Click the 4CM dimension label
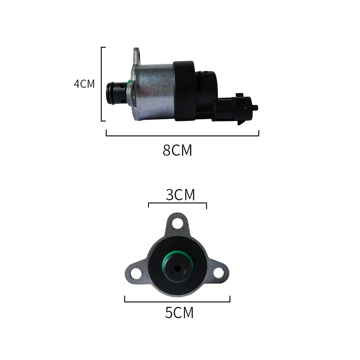[x=85, y=84]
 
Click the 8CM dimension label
[x=177, y=150]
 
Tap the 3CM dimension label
[x=180, y=195]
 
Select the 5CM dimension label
[x=179, y=312]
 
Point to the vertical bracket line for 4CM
[x=103, y=84]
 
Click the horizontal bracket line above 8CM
[x=182, y=135]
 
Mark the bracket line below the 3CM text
[x=177, y=204]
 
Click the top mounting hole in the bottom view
[x=177, y=223]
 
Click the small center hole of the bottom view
[x=177, y=269]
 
